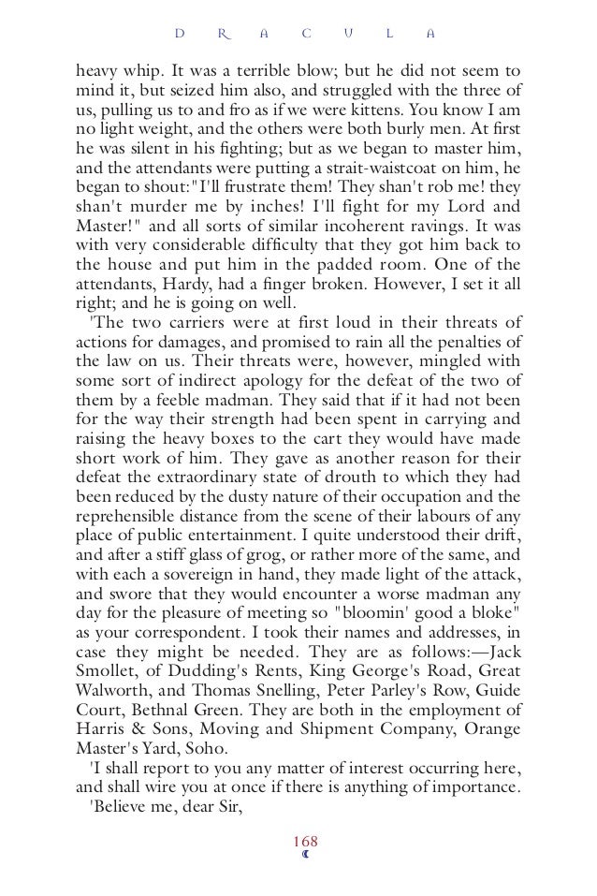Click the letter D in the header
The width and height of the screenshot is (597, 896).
click(x=180, y=36)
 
